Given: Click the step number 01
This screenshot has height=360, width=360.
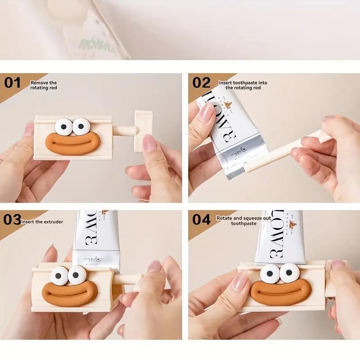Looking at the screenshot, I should [13, 83].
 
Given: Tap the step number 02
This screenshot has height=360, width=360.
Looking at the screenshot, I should [201, 83].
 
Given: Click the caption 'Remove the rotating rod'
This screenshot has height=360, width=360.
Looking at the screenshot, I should [44, 85].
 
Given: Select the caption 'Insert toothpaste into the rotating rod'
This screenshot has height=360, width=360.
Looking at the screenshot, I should [243, 85].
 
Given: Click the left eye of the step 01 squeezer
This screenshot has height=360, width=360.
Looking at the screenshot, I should [64, 127].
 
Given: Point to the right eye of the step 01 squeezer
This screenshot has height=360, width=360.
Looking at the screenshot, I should [81, 126].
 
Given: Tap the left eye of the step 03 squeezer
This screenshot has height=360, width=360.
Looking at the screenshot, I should [59, 275].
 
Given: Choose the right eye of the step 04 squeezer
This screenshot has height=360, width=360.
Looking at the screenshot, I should [289, 273].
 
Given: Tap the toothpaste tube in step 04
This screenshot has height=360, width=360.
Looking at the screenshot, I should [279, 236].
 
